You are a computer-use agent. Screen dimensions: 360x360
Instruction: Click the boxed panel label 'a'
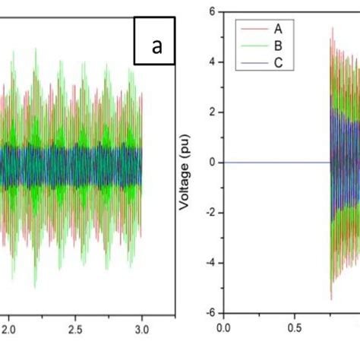(x=157, y=48)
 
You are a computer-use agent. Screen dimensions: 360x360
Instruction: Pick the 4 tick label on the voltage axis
(x=213, y=62)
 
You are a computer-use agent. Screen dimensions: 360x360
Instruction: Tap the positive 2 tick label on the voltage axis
(x=213, y=112)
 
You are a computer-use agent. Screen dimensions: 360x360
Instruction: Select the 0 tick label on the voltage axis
(x=213, y=162)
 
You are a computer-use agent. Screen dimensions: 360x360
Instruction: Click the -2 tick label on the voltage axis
(x=210, y=212)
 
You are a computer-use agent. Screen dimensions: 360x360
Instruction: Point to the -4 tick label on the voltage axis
(x=210, y=262)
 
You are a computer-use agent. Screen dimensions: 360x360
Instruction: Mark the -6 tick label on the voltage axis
(x=210, y=312)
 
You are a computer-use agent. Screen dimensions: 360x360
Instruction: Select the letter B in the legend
(x=279, y=48)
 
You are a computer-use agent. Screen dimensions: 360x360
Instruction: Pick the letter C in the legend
(x=279, y=63)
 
